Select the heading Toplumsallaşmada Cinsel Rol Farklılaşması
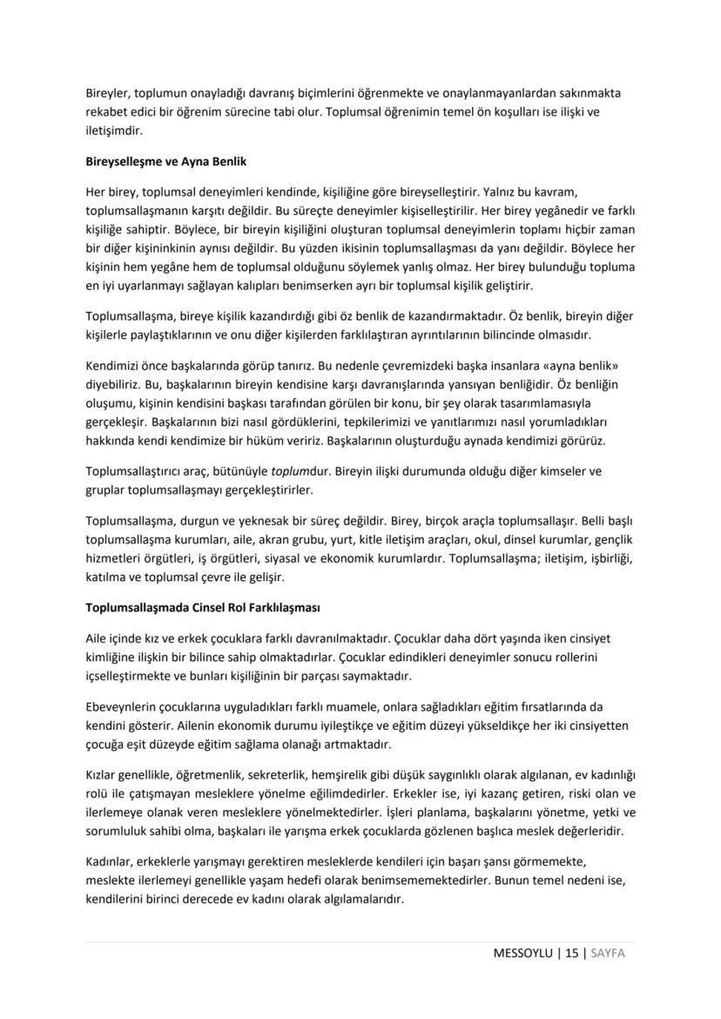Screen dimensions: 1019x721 199,607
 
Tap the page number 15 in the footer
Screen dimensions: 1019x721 571,953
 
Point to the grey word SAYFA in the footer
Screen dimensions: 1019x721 608,953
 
